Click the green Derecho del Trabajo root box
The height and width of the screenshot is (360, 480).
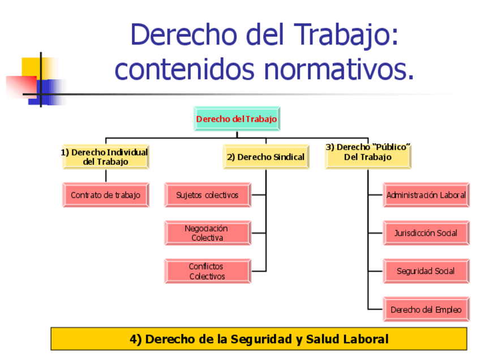pyautogui.click(x=237, y=119)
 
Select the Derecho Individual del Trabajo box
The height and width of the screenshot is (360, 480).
pyautogui.click(x=106, y=157)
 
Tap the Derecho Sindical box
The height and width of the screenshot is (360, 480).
pyautogui.click(x=266, y=157)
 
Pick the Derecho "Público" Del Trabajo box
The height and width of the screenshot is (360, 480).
pyautogui.click(x=368, y=157)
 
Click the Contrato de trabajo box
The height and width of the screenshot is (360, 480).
pyautogui.click(x=106, y=195)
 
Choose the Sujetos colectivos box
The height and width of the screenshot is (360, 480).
pyautogui.click(x=208, y=195)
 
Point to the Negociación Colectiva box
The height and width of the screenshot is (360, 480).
pyautogui.click(x=208, y=233)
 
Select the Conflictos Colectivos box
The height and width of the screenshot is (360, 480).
pyautogui.click(x=208, y=271)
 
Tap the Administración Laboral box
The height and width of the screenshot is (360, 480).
pyautogui.click(x=426, y=195)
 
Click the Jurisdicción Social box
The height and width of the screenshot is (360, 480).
pyautogui.click(x=426, y=233)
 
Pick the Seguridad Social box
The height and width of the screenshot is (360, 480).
pyautogui.click(x=426, y=271)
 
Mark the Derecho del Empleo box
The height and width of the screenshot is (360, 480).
pyautogui.click(x=426, y=310)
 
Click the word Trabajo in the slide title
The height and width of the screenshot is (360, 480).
pyautogui.click(x=346, y=36)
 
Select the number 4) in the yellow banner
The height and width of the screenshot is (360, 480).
pyautogui.click(x=136, y=340)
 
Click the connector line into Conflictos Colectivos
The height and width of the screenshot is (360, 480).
pyautogui.click(x=259, y=271)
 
